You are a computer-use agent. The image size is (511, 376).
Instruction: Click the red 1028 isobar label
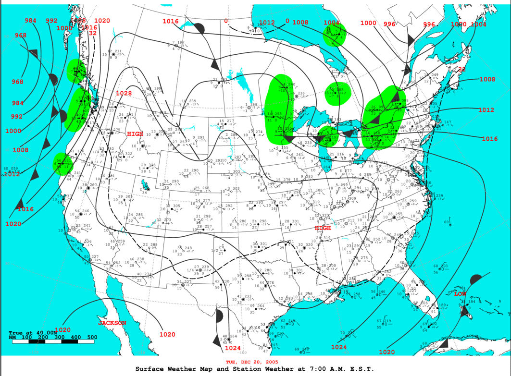(124, 93)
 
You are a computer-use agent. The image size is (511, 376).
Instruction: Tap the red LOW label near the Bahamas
(460, 293)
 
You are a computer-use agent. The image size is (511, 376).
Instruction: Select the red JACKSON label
(112, 323)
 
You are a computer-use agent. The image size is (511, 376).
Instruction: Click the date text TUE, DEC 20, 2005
(252, 362)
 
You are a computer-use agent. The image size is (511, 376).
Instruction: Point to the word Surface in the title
(150, 369)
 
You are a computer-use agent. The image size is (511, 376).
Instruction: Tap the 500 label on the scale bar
(92, 337)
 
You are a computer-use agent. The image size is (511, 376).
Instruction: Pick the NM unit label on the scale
(13, 337)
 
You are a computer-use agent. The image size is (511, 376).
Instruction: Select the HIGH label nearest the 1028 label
(135, 134)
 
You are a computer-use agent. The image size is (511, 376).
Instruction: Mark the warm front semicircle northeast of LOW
(476, 279)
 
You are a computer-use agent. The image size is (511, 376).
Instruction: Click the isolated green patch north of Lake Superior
(337, 93)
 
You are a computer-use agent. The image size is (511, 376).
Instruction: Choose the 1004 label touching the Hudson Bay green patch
(331, 23)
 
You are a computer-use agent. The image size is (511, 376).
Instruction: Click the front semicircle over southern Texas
(220, 316)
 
